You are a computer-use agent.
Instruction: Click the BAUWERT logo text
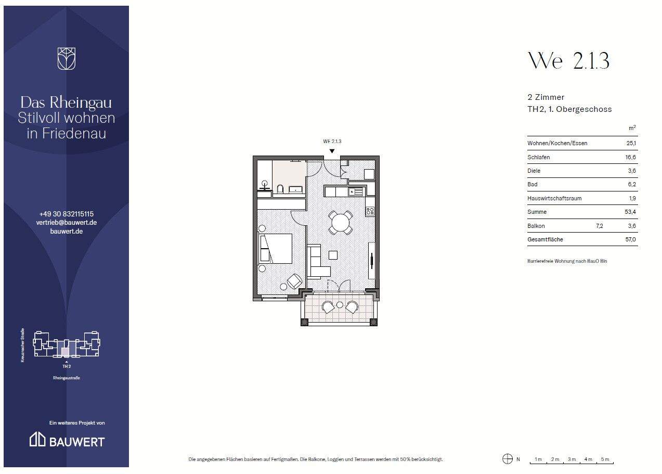77,442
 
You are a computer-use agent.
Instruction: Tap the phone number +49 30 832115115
67,214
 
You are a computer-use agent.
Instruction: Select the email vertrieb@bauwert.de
67,222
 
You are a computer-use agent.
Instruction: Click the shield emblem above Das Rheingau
66,59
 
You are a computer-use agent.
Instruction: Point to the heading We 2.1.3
568,61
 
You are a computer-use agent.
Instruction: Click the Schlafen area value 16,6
630,157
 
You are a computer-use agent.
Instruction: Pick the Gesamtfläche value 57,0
630,239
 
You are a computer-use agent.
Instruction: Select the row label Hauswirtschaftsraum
554,198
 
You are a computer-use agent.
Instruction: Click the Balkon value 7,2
600,226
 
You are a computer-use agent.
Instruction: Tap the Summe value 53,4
630,212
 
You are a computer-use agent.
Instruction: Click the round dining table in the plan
340,222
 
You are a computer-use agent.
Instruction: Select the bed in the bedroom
275,248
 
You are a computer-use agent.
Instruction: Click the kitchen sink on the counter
355,192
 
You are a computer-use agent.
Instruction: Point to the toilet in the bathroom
280,189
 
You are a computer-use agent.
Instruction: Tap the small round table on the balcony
340,304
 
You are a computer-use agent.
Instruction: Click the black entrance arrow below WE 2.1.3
332,151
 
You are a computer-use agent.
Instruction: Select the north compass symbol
508,459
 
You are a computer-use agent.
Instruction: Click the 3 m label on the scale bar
572,459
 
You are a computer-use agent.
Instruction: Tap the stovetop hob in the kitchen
370,211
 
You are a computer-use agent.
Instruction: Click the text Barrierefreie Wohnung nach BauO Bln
567,261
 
